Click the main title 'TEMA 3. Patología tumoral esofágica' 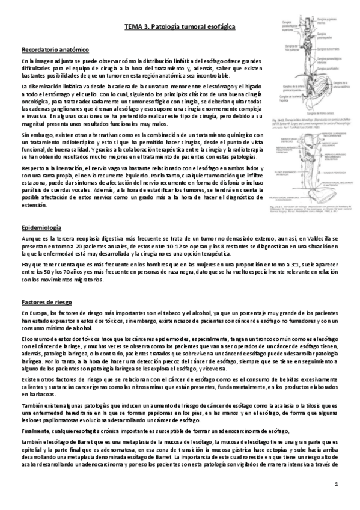pos(180,27)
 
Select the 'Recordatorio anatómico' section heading pos(55,49)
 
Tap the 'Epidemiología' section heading pos(41,229)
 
